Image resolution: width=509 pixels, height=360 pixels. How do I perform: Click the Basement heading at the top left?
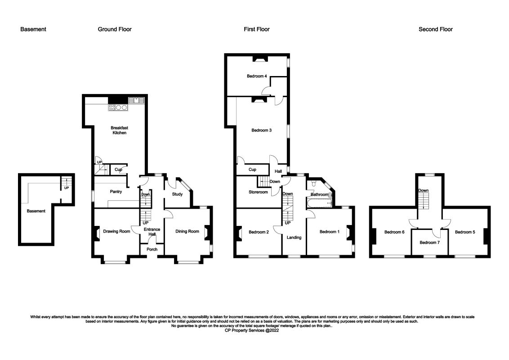(x=33, y=29)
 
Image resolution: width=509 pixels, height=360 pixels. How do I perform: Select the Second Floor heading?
(x=435, y=29)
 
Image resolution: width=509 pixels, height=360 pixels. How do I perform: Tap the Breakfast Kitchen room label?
(x=119, y=130)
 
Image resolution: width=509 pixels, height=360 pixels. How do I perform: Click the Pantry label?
(x=116, y=192)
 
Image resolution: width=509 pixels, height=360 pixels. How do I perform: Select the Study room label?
(x=177, y=194)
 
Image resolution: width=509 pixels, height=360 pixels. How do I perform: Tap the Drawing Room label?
(x=116, y=231)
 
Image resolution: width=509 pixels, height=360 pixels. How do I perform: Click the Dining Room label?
(x=187, y=231)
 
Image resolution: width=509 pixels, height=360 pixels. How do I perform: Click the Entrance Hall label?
(x=151, y=231)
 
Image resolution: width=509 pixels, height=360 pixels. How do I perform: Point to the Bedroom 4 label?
(x=257, y=76)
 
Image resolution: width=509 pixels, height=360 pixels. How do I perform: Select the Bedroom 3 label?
(x=261, y=130)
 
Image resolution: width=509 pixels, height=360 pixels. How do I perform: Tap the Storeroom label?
(x=258, y=192)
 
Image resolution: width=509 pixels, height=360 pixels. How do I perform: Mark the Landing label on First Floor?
(x=294, y=238)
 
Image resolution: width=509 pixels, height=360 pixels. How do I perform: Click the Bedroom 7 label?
(x=429, y=242)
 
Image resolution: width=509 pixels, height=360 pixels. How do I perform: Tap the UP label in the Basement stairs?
(x=67, y=188)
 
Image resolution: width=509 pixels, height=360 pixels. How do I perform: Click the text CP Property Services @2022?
(x=254, y=330)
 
